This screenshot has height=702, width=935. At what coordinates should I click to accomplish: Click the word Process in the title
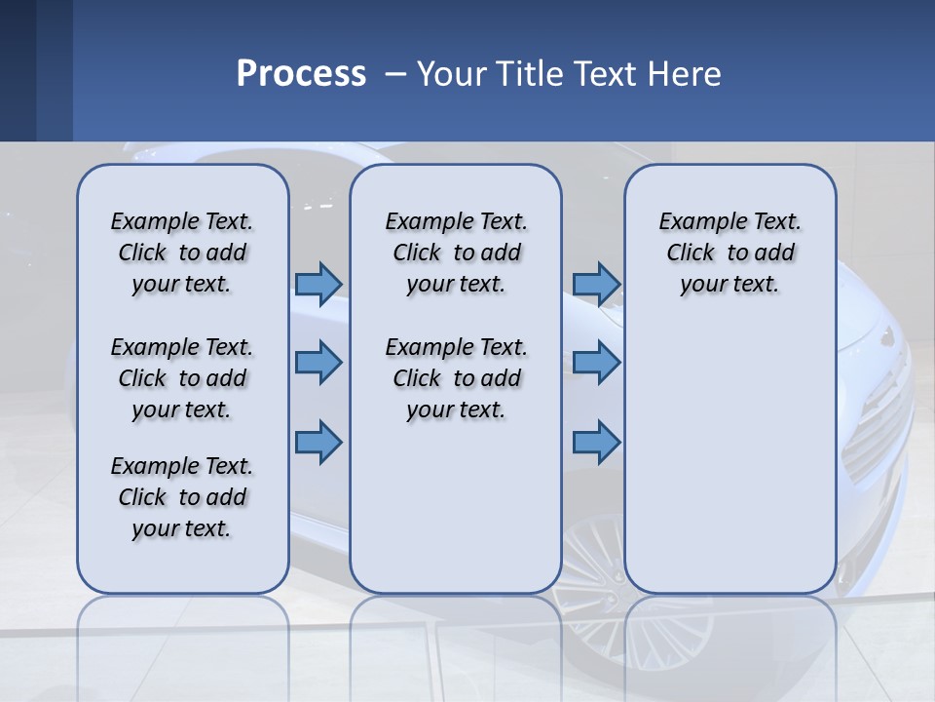[301, 74]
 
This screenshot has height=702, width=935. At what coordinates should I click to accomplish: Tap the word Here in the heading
[685, 74]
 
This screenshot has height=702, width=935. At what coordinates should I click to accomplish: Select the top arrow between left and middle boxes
[318, 284]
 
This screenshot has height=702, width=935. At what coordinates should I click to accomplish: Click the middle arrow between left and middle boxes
[318, 363]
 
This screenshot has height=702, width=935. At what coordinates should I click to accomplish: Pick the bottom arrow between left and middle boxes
[318, 443]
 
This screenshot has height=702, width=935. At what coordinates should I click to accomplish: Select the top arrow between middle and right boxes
[596, 284]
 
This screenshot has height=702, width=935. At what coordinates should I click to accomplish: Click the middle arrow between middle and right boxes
[596, 363]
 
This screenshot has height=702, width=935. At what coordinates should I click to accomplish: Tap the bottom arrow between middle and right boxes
[596, 443]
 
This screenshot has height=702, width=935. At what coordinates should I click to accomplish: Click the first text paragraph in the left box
[182, 253]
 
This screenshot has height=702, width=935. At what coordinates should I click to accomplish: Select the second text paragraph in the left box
[182, 378]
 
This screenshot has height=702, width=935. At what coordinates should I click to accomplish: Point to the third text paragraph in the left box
[182, 497]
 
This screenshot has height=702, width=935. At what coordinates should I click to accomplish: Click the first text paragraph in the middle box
[457, 253]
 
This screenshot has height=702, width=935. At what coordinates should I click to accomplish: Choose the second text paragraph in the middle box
[457, 378]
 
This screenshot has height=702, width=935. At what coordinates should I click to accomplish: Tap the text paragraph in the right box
[730, 253]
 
